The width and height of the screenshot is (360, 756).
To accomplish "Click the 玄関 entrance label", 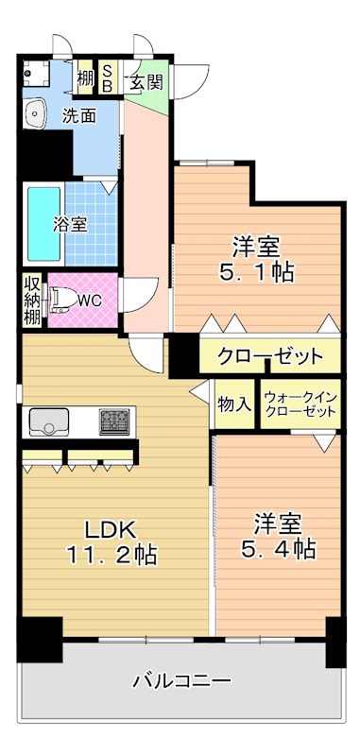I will (146, 81).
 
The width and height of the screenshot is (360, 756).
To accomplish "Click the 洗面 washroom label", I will (79, 117).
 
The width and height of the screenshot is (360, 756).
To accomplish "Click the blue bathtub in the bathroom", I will (43, 223).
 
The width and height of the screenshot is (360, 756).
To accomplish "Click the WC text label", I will (90, 301).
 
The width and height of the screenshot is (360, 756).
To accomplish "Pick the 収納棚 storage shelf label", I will (33, 301).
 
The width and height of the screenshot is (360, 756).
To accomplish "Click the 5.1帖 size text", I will (256, 273).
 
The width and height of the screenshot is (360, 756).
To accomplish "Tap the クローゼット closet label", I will (269, 357).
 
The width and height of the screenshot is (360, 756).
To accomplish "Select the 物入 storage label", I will (234, 404).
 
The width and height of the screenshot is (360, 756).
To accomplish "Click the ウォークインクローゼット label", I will (300, 404).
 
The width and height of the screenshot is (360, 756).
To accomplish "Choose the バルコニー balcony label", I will (181, 680).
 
